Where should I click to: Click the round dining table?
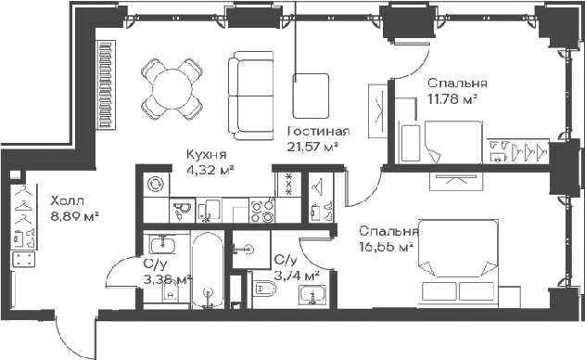(172, 89)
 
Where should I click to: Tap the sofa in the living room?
(250, 96)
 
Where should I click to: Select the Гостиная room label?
(319, 132)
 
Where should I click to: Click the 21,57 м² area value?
(312, 148)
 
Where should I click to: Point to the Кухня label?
(207, 154)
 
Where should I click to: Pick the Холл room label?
(68, 201)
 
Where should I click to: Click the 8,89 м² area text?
(74, 216)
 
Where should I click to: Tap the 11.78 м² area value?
(453, 99)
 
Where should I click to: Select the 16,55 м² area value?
(387, 247)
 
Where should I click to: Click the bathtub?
(208, 270)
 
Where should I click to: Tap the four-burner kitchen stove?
(262, 212)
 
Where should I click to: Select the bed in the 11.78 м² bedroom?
(453, 142)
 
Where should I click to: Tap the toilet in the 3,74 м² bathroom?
(264, 289)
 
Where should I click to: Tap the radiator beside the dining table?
(107, 84)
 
